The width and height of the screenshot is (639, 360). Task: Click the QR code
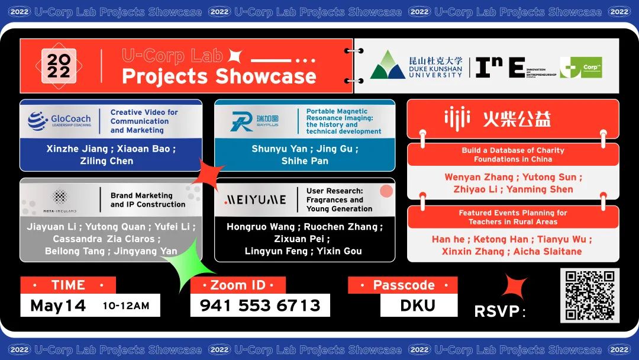point(589,295)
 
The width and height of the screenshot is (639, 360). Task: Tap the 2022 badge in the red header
point(59,66)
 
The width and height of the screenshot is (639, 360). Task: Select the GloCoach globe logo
point(38,121)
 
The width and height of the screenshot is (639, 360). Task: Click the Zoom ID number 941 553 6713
point(260,306)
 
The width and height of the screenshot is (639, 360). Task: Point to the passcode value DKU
point(418,306)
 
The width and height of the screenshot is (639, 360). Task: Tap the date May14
point(58,306)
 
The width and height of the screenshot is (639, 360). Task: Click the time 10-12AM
point(126,306)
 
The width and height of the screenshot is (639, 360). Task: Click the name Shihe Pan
point(305,160)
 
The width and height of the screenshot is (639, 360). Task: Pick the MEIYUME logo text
point(256,200)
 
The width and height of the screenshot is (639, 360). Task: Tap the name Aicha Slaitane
point(547,251)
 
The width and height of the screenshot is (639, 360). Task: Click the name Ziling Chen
point(106,160)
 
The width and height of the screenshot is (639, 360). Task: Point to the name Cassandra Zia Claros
point(106,239)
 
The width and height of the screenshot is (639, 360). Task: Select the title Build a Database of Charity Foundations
point(512,155)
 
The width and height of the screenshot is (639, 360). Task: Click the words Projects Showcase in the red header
point(219,76)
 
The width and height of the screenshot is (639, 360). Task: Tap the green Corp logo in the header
point(580,67)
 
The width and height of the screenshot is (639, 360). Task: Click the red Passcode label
point(403,285)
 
